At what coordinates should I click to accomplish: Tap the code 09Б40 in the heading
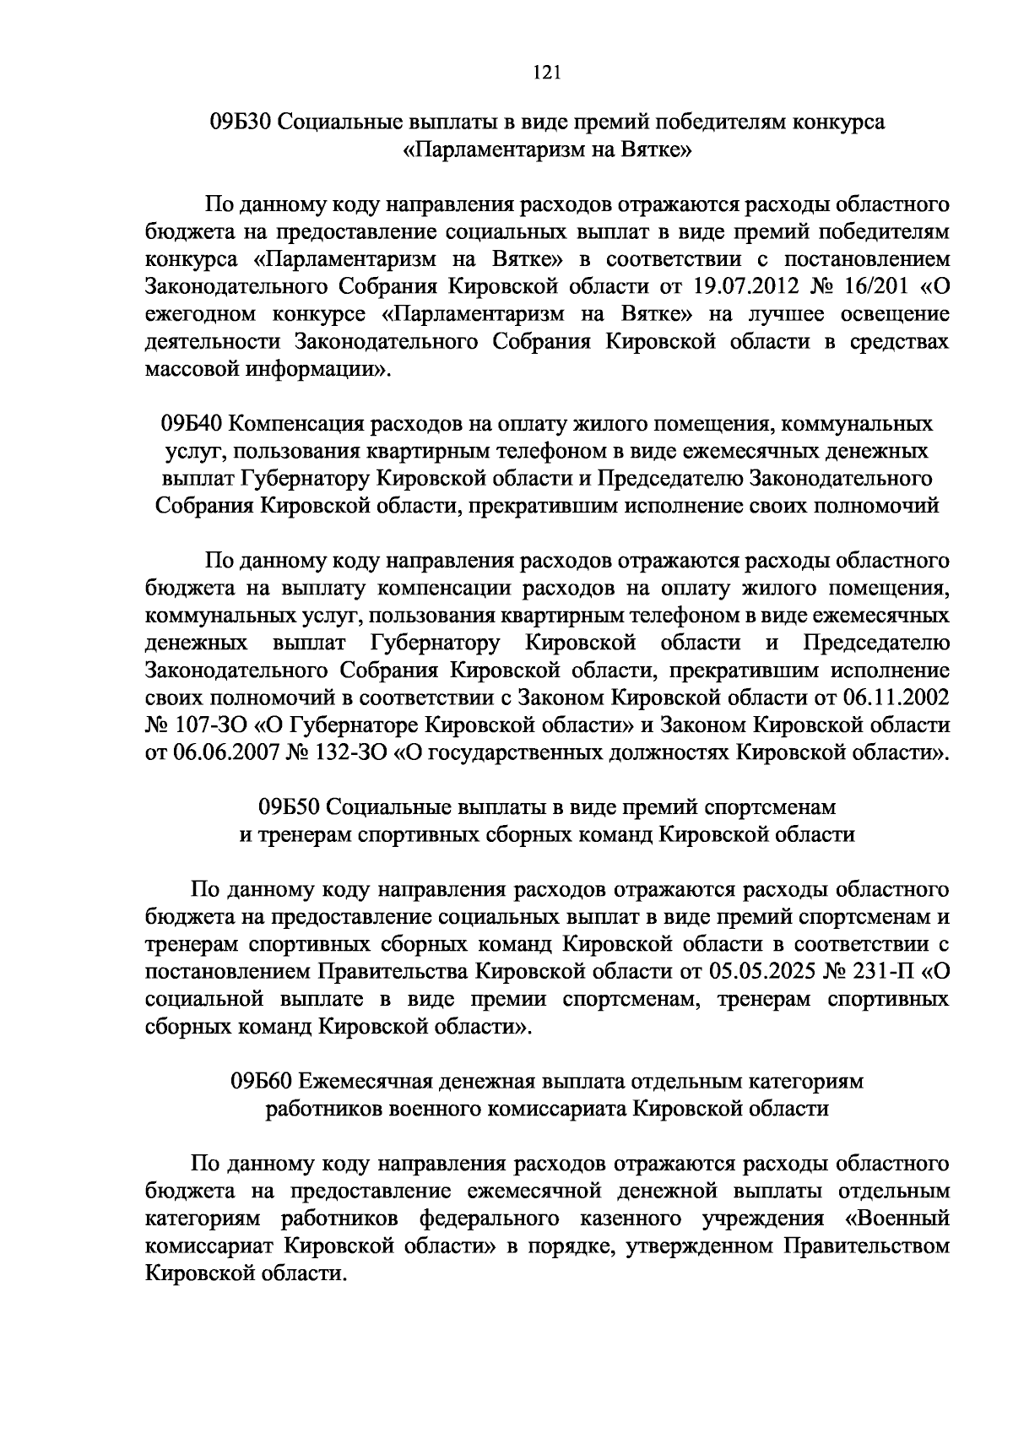191,423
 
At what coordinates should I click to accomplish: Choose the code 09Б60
259,1082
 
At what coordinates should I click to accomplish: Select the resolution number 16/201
875,285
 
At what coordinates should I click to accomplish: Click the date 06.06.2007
225,752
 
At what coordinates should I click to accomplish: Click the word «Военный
897,1219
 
